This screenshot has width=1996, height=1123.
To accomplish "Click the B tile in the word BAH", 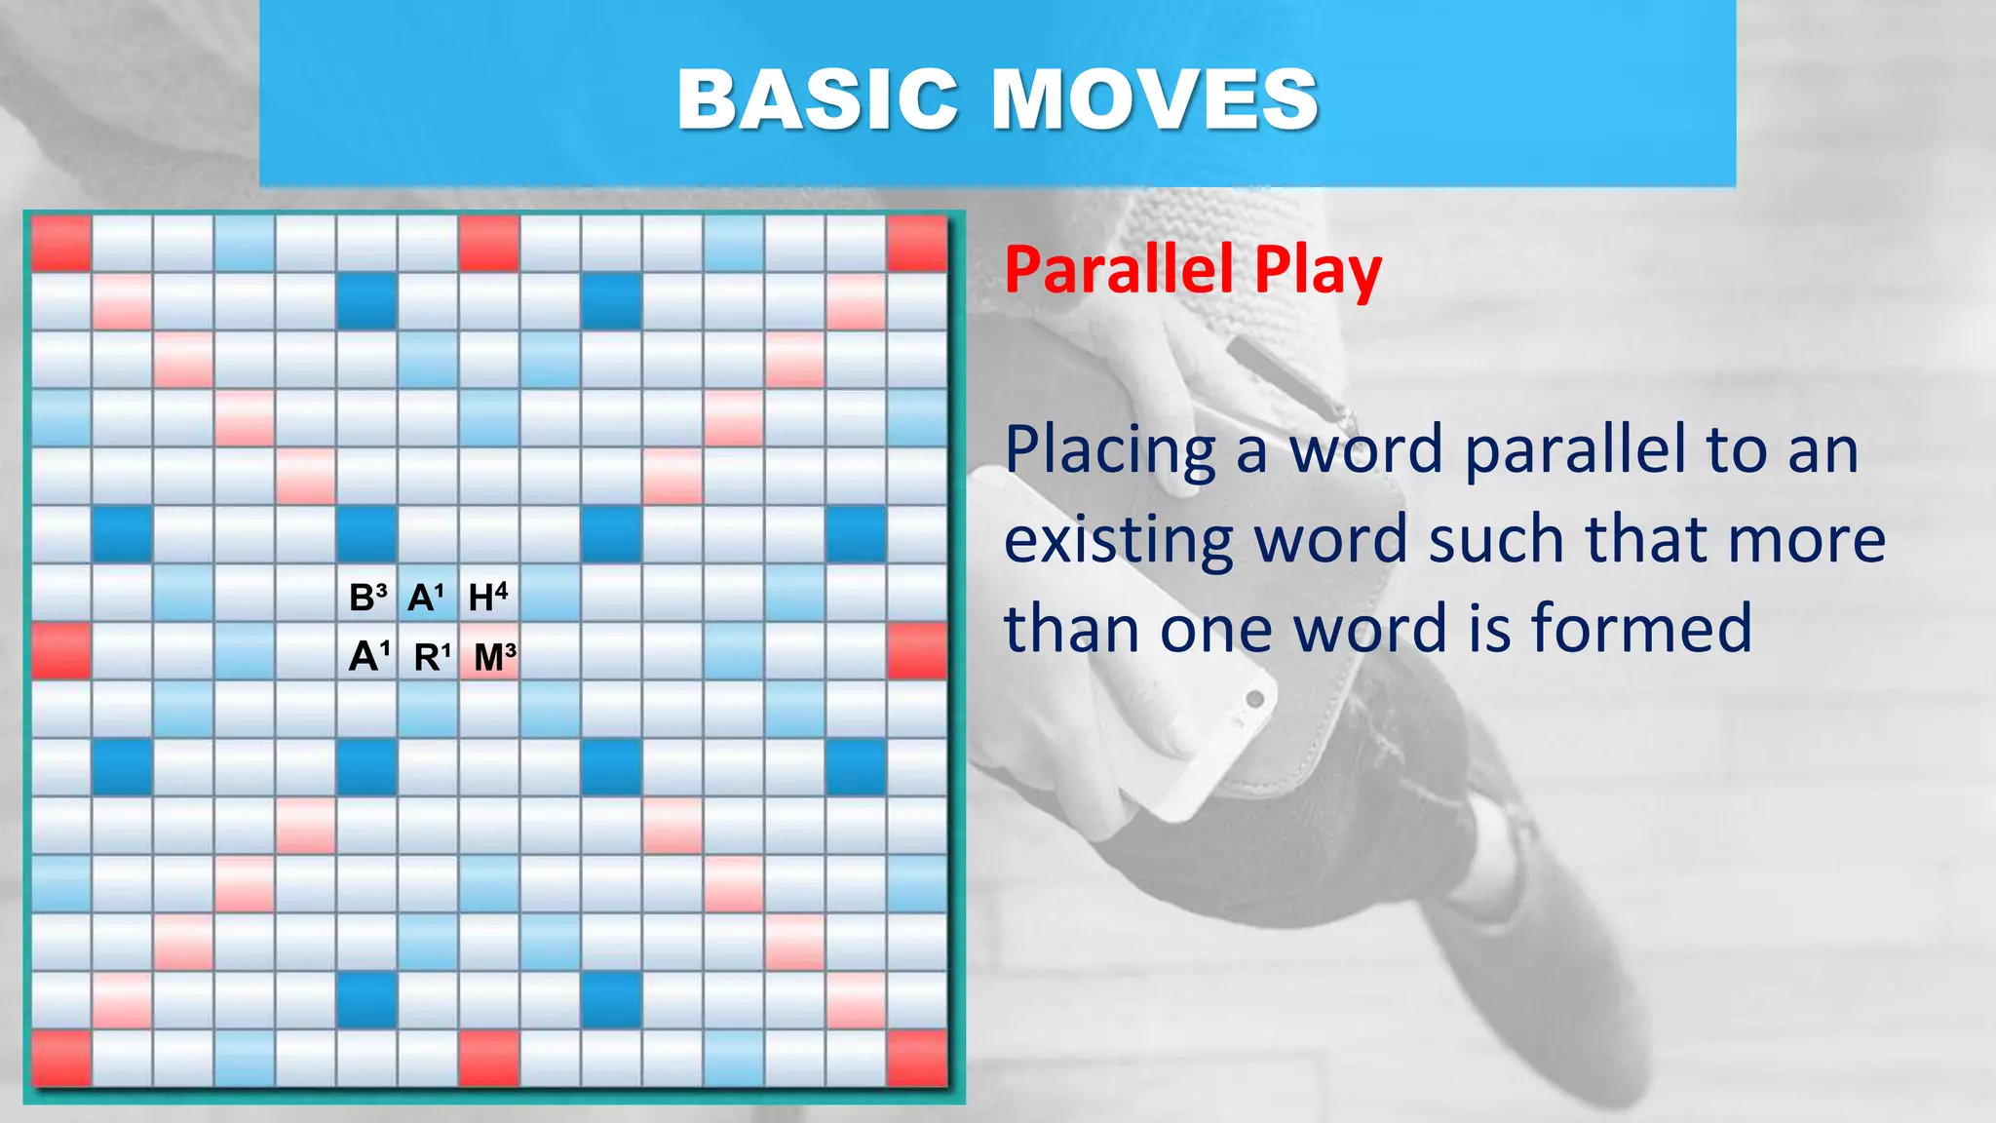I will click(x=366, y=597).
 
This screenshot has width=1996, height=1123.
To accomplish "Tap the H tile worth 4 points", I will click(x=487, y=597).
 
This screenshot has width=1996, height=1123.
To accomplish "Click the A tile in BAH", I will click(x=426, y=597).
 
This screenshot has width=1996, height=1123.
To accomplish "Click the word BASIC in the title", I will click(x=818, y=99).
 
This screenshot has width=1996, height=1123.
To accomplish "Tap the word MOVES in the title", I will click(x=1155, y=99).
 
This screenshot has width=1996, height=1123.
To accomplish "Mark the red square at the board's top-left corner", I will click(x=61, y=243).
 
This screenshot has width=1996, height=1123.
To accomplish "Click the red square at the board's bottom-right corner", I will click(x=917, y=1059).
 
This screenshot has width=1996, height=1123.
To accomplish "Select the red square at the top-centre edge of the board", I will click(x=489, y=243).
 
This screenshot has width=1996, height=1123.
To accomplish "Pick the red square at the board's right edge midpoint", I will click(x=917, y=651).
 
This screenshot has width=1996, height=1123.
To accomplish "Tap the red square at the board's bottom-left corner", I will click(x=61, y=1059).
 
